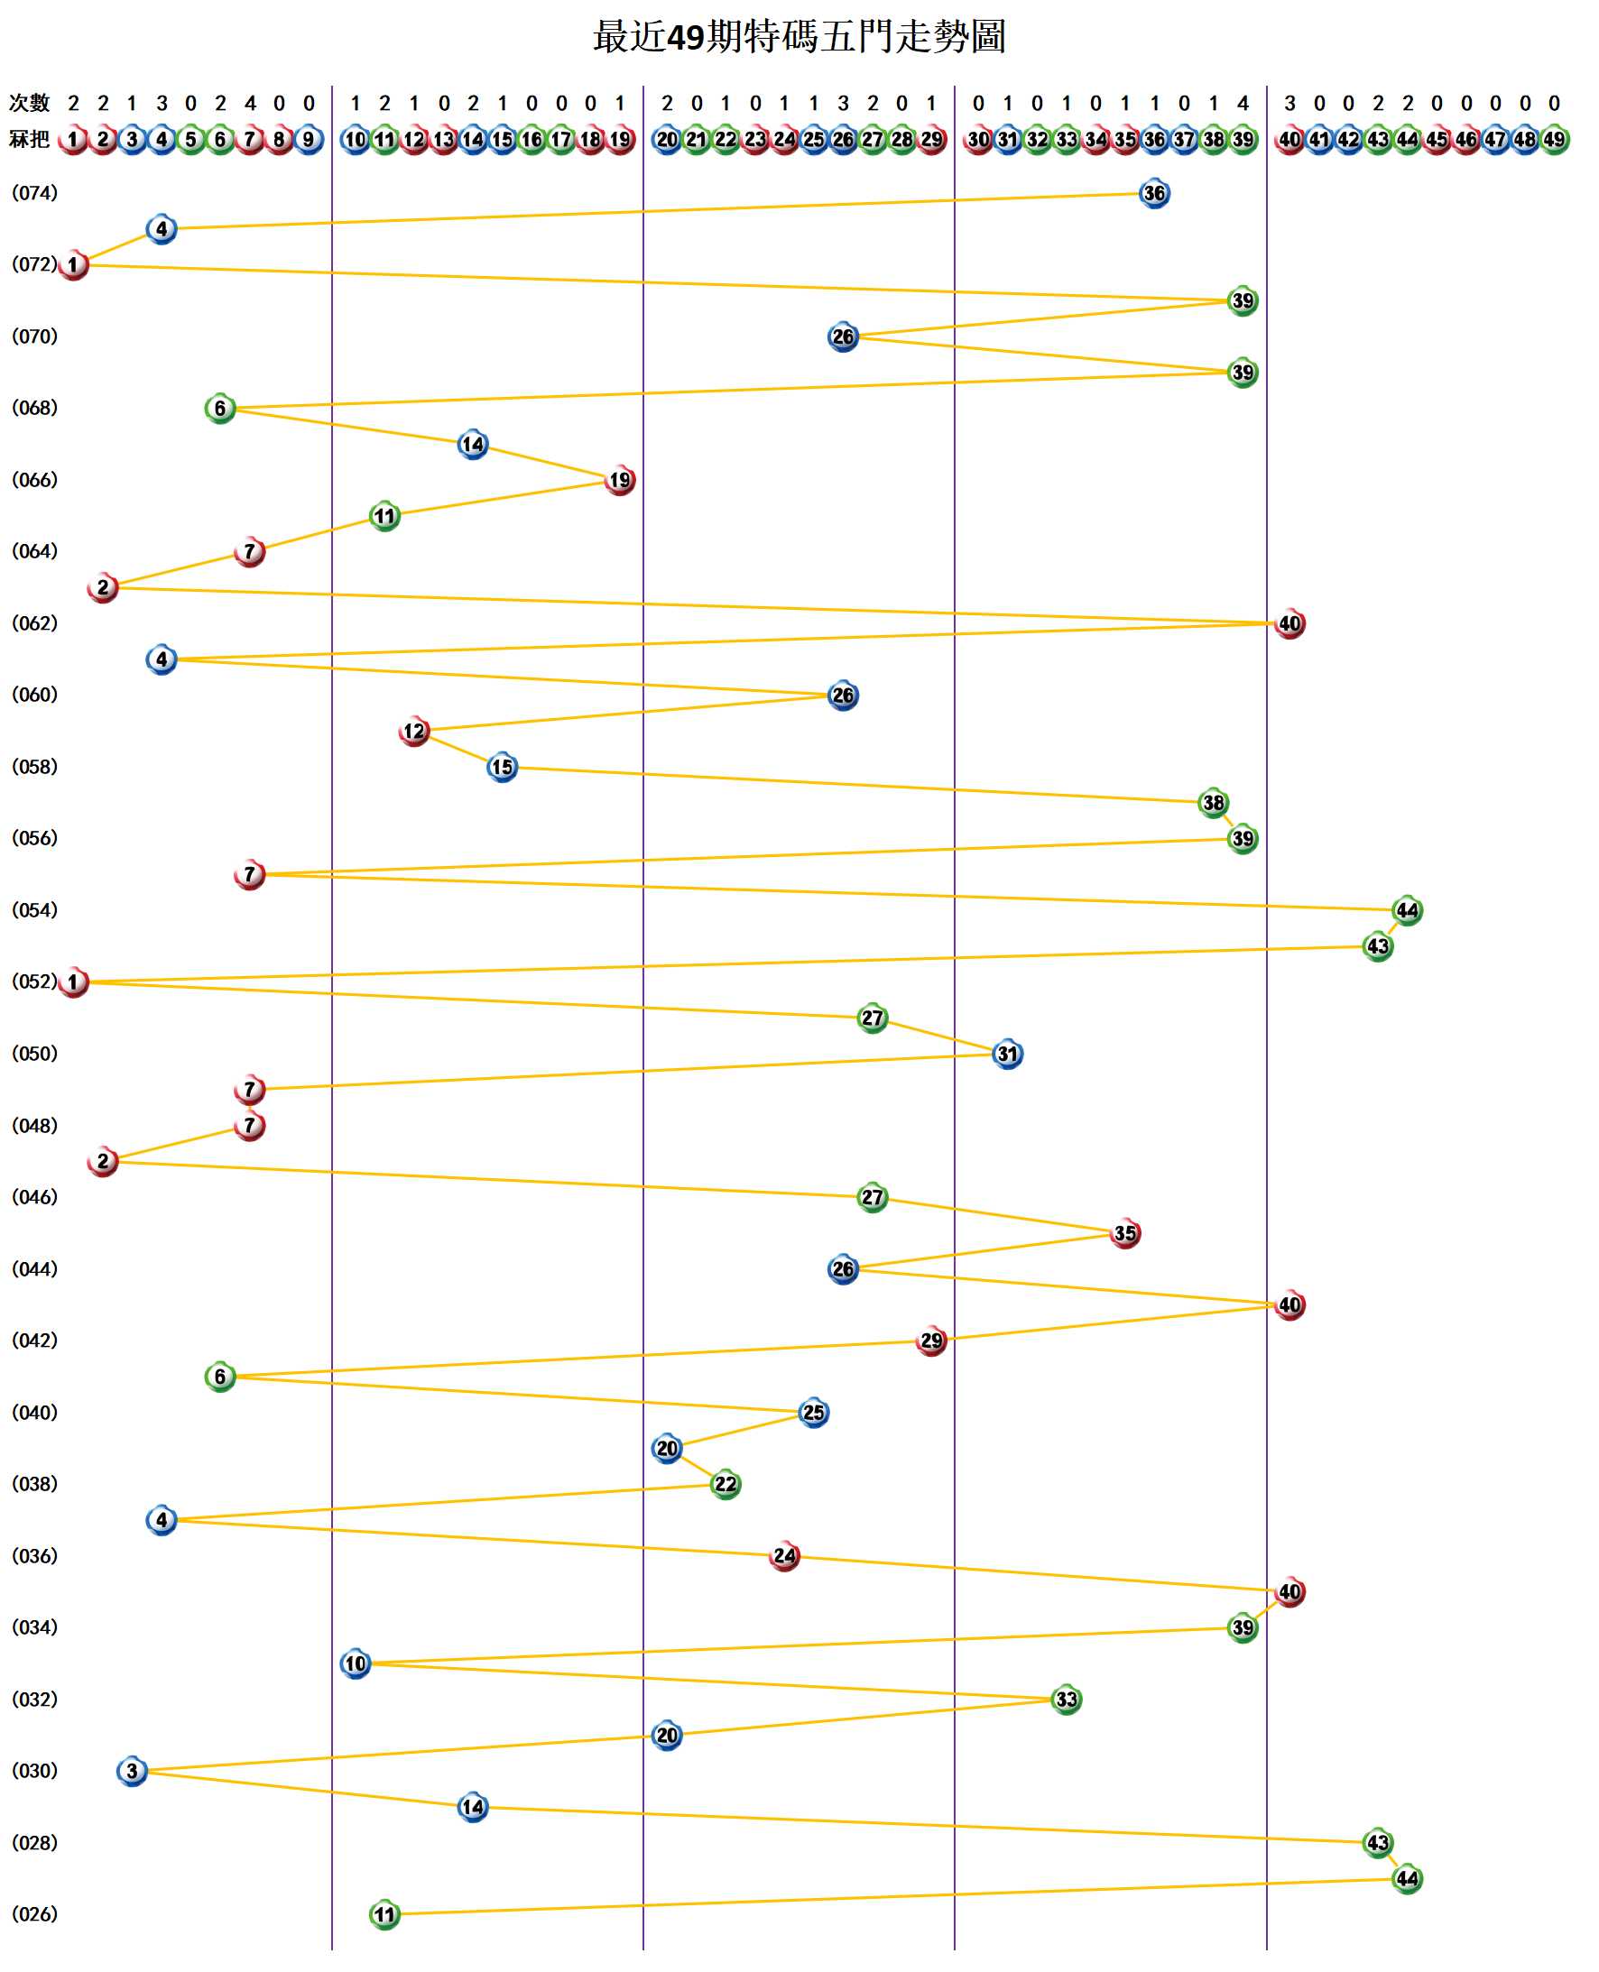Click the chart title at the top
[x=799, y=37]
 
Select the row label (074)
[x=35, y=192]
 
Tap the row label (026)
[x=35, y=1913]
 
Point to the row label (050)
[x=35, y=1053]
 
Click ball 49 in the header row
[x=1554, y=139]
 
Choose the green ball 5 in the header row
[x=190, y=139]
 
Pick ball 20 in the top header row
[x=667, y=139]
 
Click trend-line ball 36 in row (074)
[x=1154, y=193]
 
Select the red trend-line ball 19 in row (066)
[x=620, y=480]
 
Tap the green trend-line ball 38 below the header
[x=1213, y=803]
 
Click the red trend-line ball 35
[x=1124, y=1233]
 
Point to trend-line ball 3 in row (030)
[x=132, y=1771]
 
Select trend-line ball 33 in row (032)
[x=1066, y=1699]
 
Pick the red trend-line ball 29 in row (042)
[x=931, y=1341]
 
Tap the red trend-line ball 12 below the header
[x=414, y=731]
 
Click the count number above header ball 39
[x=1243, y=103]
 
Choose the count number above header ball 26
[x=843, y=103]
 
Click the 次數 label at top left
[x=30, y=102]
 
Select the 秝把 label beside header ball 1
[x=30, y=139]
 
